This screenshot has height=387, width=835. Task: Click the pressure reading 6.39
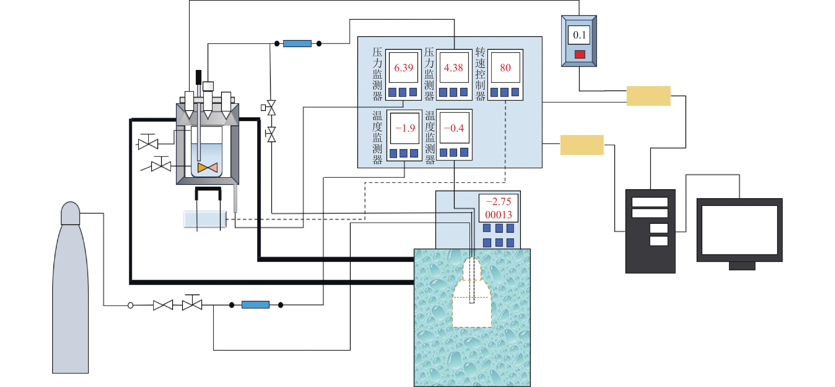point(403,68)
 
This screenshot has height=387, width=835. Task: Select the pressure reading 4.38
point(453,68)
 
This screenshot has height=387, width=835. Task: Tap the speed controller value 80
point(505,68)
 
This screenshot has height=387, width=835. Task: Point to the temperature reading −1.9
point(405,128)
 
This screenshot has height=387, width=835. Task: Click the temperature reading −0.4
point(454,128)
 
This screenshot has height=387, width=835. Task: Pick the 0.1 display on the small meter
point(579,35)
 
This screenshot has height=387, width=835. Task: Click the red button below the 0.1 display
point(579,54)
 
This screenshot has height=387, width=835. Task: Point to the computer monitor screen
point(739,230)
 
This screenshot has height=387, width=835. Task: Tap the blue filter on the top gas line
point(297,43)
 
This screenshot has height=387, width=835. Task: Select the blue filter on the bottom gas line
point(256,305)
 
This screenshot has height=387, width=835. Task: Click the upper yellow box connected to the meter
point(648,96)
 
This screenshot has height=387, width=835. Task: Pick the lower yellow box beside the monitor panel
point(582,145)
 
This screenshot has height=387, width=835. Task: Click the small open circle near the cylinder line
point(130,305)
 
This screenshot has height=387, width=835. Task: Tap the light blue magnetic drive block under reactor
point(205,219)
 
